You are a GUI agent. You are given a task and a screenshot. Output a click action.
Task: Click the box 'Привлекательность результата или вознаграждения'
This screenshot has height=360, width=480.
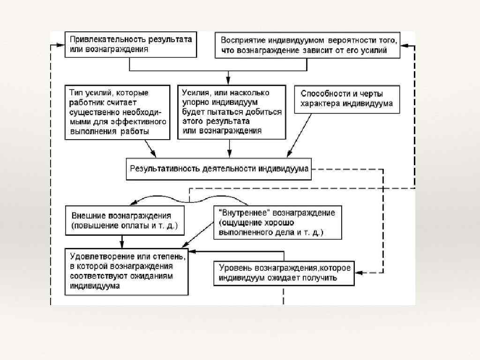click(x=130, y=45)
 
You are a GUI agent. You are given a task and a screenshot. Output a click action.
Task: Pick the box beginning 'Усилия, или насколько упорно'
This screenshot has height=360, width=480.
click(x=231, y=112)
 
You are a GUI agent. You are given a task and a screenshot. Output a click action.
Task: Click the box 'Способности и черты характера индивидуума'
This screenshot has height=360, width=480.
click(x=346, y=99)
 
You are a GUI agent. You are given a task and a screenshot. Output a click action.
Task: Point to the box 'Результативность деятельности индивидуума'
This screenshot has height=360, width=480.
click(x=219, y=169)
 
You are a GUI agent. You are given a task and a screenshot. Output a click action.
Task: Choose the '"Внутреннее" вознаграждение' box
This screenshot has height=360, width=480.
click(x=277, y=222)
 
